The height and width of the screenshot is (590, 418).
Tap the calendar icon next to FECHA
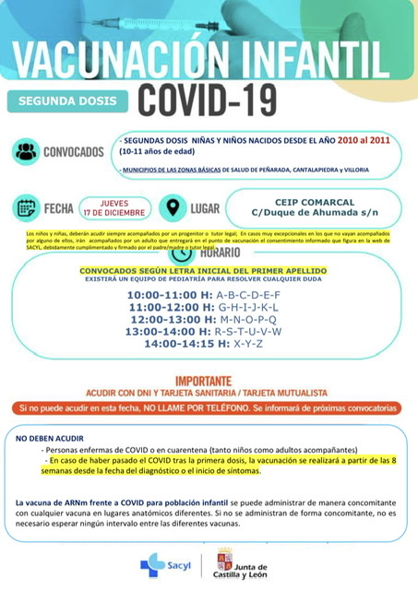[28, 207]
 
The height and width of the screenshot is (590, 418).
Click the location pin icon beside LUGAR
[173, 206]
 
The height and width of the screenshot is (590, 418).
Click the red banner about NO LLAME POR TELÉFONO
[208, 407]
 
